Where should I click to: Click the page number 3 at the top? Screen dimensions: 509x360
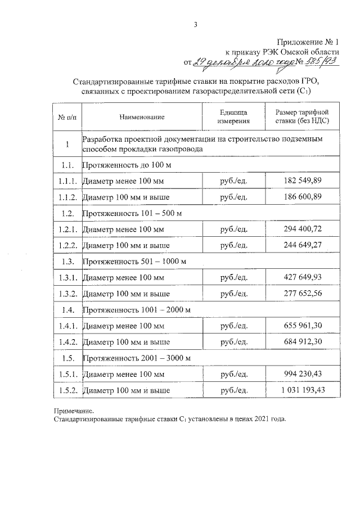pos(196,24)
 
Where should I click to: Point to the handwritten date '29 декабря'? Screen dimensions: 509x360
pos(215,62)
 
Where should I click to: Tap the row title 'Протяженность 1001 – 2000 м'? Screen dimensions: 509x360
pos(137,309)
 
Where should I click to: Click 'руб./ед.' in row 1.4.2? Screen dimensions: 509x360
pos(235,342)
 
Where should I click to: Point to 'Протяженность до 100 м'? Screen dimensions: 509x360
pos(127,165)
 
